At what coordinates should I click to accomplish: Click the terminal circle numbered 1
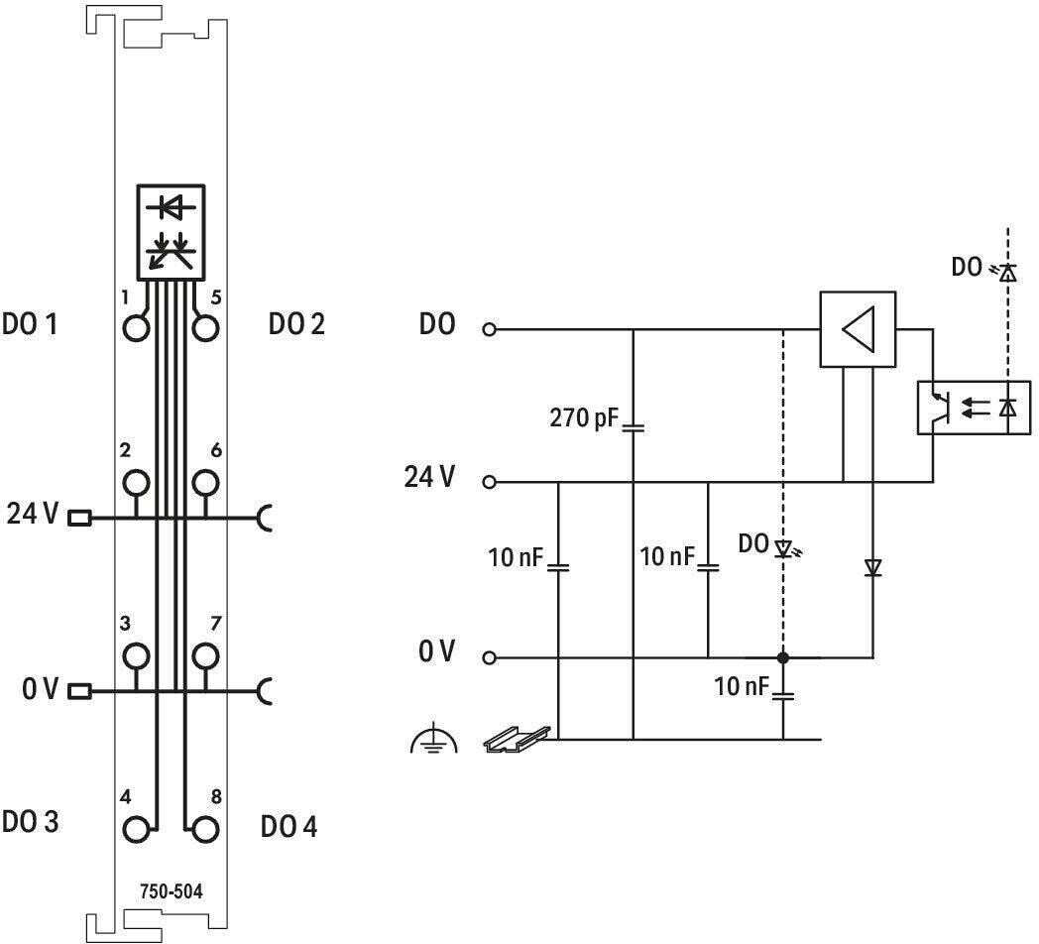point(137,327)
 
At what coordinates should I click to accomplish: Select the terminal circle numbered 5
point(205,327)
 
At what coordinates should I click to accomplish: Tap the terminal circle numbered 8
point(205,829)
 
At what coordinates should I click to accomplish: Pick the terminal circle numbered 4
point(137,829)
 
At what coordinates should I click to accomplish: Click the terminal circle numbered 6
point(205,483)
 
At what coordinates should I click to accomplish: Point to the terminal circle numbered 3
point(137,655)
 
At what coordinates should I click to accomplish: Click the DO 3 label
point(31,821)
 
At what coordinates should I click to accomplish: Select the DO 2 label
point(296,323)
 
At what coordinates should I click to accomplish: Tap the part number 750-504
point(171,891)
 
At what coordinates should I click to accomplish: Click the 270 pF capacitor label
point(584,417)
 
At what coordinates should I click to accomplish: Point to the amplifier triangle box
point(859,329)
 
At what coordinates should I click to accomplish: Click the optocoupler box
point(974,408)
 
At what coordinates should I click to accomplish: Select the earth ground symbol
point(434,738)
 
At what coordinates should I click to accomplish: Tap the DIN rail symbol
point(517,739)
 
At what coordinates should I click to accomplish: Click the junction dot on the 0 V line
point(783,657)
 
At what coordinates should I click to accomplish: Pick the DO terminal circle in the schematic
point(490,329)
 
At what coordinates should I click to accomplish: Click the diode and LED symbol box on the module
point(171,232)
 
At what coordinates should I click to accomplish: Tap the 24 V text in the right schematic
point(430,477)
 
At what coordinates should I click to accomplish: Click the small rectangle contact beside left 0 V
point(79,691)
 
